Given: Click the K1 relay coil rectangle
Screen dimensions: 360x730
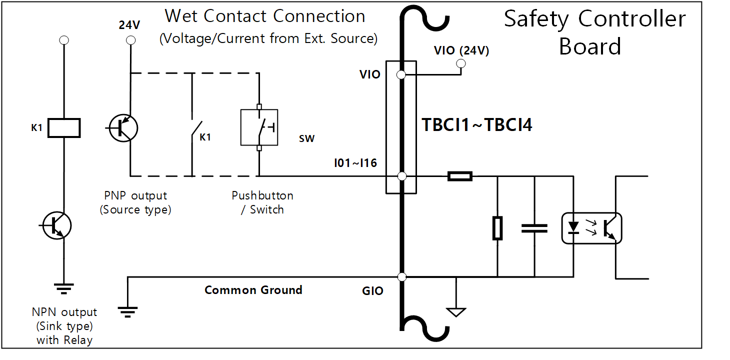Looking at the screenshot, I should click(x=63, y=127).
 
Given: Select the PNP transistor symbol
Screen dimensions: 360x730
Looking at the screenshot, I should click(x=123, y=127).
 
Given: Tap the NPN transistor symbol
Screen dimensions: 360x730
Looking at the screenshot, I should click(x=56, y=225).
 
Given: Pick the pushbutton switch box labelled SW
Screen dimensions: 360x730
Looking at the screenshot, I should click(x=259, y=127).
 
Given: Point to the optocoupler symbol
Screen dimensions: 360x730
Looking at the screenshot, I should click(x=591, y=228).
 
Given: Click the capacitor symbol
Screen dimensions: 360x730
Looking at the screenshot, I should click(x=534, y=228).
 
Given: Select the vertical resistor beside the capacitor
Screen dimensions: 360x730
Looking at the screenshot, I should click(x=497, y=228).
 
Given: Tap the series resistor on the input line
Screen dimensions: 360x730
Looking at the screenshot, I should click(x=459, y=176).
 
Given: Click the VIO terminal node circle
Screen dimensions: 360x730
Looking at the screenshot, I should click(x=401, y=75).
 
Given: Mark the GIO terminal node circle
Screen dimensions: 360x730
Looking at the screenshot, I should click(x=401, y=276).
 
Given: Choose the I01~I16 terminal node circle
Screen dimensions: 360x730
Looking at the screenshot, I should click(x=401, y=176).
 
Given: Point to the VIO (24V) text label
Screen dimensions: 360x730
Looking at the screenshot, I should click(x=461, y=50).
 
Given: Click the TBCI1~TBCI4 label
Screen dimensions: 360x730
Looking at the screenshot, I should click(x=477, y=124).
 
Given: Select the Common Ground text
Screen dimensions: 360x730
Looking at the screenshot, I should click(x=253, y=290).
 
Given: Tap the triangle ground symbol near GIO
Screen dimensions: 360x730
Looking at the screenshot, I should click(x=456, y=311).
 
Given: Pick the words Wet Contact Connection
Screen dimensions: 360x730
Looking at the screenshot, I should click(x=265, y=16).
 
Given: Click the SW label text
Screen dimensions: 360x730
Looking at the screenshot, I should click(x=306, y=139).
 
